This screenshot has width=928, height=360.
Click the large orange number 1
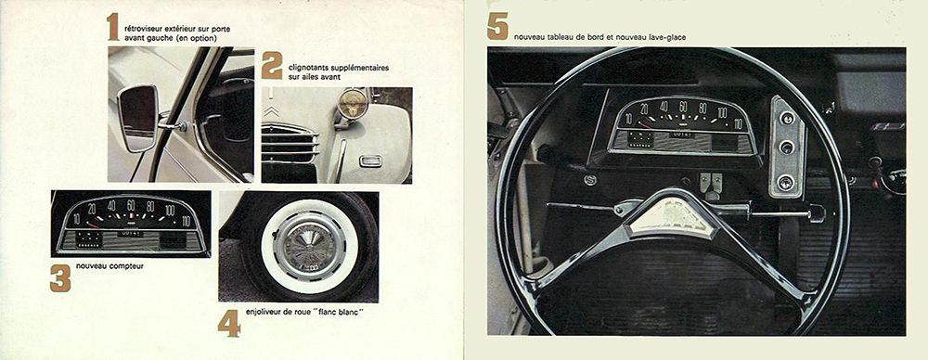pyautogui.click(x=112, y=27)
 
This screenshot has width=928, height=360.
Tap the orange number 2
pyautogui.click(x=272, y=66)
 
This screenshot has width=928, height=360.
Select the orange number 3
pyautogui.click(x=60, y=278)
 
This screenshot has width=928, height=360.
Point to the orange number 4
pyautogui.click(x=229, y=323)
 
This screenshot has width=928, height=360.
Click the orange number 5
pyautogui.click(x=497, y=27)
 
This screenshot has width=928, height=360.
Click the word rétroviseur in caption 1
pyautogui.click(x=141, y=29)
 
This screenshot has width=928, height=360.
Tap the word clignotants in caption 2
pyautogui.click(x=305, y=68)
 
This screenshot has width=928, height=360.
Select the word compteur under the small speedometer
pyautogui.click(x=130, y=266)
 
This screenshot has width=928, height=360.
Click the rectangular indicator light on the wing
pyautogui.click(x=370, y=161)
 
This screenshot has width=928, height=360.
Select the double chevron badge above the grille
pyautogui.click(x=270, y=110)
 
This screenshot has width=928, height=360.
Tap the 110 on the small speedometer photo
pyautogui.click(x=187, y=222)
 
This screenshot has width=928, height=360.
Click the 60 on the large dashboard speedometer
pyautogui.click(x=683, y=107)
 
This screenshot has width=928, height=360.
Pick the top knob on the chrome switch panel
pyautogui.click(x=787, y=118)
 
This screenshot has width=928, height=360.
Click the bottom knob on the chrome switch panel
pyautogui.click(x=785, y=181)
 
